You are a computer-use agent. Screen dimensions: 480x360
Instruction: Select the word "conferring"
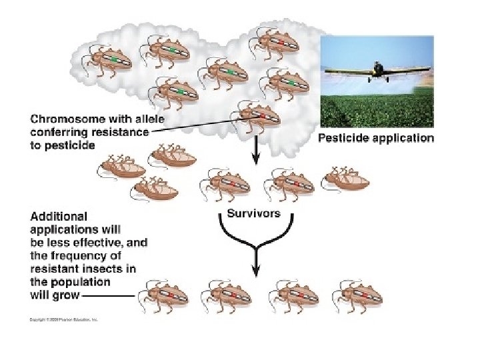[61, 133]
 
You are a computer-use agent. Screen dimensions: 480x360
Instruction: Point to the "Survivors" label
[254, 213]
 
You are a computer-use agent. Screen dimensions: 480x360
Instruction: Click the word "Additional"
[59, 217]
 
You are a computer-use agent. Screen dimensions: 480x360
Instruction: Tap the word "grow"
[67, 294]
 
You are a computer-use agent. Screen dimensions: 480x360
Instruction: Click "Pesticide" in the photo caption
[344, 139]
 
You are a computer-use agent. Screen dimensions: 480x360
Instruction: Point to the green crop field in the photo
[377, 110]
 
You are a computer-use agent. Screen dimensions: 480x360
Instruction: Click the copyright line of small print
[63, 320]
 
